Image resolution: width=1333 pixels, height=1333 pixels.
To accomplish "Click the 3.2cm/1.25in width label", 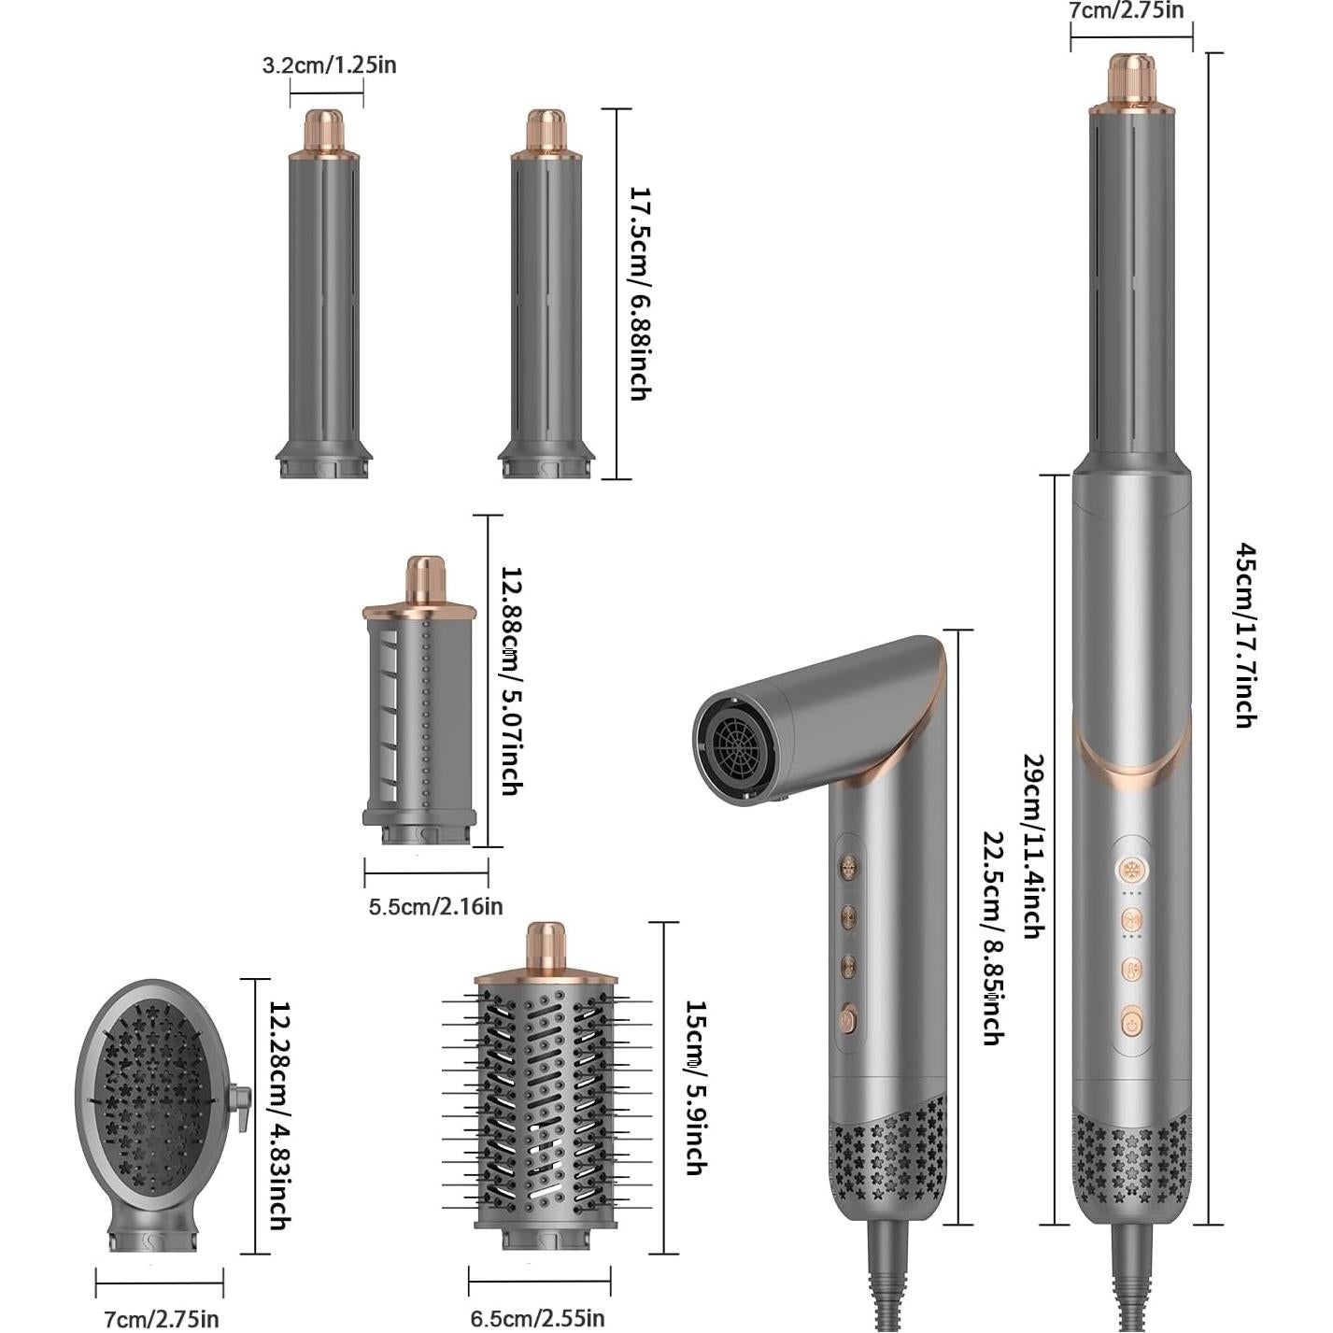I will click(x=329, y=64).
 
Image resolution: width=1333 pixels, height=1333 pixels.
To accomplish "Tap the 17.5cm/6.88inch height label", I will click(x=639, y=293).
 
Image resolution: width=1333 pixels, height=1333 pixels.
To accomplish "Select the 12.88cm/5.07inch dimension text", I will click(x=511, y=680).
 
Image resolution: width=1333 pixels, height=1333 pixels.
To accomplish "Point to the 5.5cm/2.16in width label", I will click(x=435, y=906).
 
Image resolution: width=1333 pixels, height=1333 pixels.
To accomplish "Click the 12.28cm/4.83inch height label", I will click(x=279, y=1115).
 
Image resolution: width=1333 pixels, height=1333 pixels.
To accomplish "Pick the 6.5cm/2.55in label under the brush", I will click(x=537, y=1318).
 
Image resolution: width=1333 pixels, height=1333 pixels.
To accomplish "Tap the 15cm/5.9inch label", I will click(x=695, y=1086).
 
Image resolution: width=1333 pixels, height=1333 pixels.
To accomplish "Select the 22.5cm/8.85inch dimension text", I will click(x=992, y=937).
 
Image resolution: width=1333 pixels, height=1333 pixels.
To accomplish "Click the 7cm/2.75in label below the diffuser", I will click(x=161, y=1319).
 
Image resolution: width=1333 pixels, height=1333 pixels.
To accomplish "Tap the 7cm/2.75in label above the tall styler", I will click(x=1126, y=10).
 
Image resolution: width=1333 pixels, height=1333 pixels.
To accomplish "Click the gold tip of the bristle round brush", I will click(x=546, y=943).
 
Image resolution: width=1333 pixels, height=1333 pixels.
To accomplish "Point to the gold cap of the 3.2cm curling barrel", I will click(x=324, y=131).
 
